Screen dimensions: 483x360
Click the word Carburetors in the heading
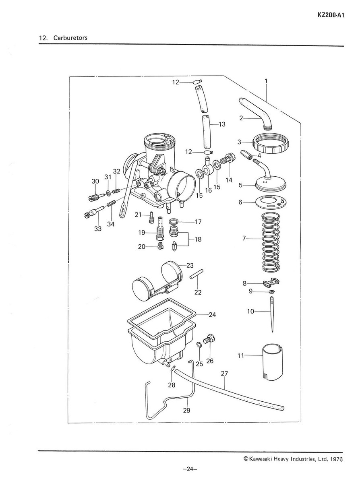tap(69, 38)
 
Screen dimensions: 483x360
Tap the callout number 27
tap(224, 374)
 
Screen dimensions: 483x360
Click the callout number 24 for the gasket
tap(212, 315)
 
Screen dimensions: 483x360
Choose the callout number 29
tap(186, 411)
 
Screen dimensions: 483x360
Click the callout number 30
tap(95, 181)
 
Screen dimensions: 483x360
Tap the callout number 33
tap(97, 229)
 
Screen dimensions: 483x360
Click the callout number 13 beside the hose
tap(222, 124)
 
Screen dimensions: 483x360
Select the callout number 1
tap(266, 81)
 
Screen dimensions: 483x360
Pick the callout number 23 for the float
tap(190, 265)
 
